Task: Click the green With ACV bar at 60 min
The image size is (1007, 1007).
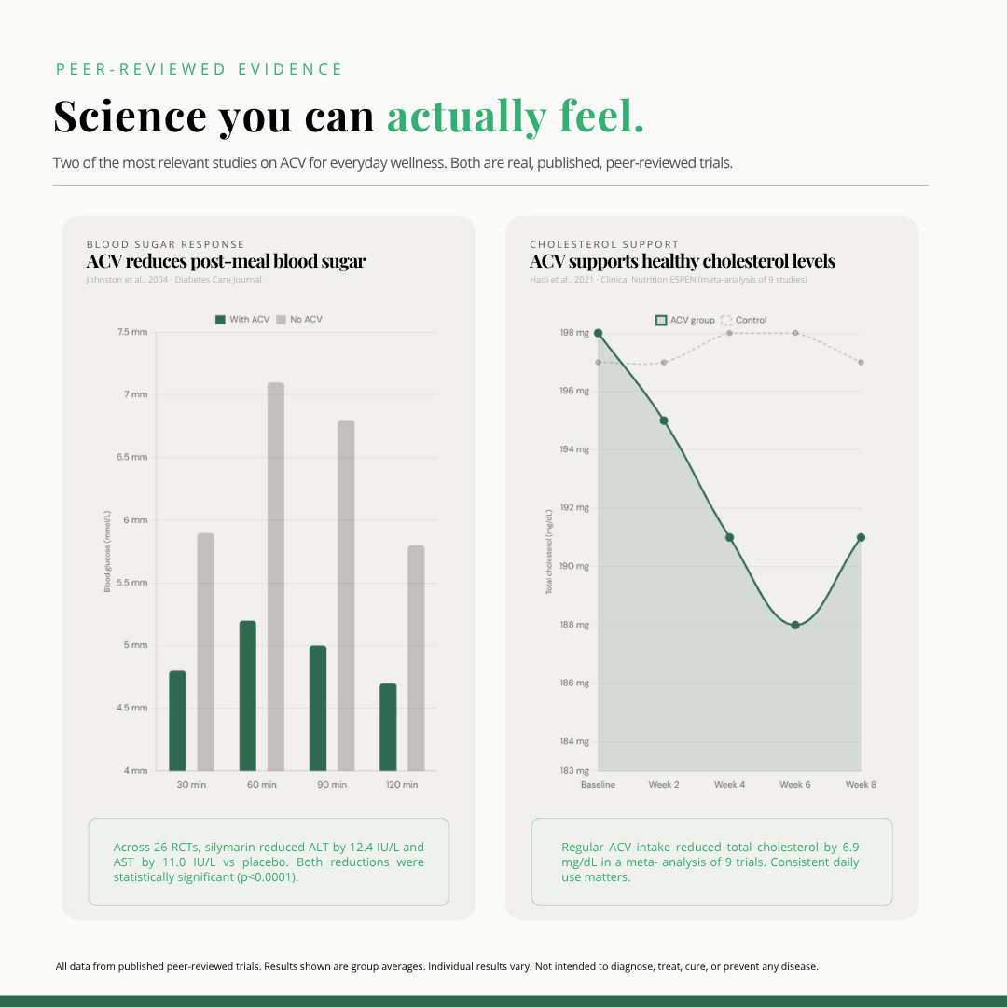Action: point(247,696)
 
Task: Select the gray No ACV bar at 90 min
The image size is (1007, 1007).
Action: point(346,595)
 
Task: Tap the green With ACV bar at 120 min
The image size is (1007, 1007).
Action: point(388,727)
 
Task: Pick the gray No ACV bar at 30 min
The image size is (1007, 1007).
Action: point(205,652)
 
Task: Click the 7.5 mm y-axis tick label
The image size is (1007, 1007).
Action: point(131,332)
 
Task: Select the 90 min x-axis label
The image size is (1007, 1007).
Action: point(331,785)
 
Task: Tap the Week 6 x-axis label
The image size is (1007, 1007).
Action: point(795,785)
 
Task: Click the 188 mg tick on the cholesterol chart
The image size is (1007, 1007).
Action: point(574,625)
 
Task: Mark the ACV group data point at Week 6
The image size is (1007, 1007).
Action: point(795,625)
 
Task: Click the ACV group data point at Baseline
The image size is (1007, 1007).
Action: point(598,333)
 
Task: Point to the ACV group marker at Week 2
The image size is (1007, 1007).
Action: point(664,421)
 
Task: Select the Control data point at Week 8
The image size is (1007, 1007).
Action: point(861,362)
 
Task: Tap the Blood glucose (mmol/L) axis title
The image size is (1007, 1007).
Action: point(107,551)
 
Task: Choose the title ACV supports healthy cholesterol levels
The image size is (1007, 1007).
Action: point(682,261)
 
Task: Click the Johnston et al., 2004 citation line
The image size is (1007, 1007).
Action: point(173,280)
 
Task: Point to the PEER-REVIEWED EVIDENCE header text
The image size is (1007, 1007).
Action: point(200,69)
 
